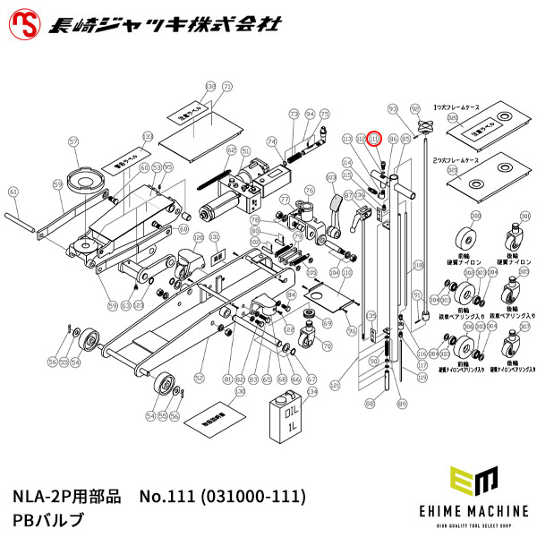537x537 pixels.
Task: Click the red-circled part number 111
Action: pos(374,140)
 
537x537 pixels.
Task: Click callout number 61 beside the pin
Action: pos(13,192)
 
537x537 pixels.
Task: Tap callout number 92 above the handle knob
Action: pos(414,107)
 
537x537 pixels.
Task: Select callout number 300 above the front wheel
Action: pos(476,217)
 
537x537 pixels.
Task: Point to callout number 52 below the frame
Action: pos(200,379)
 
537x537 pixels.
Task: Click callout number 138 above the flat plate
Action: pos(210,87)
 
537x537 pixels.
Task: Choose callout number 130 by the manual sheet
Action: pos(238,392)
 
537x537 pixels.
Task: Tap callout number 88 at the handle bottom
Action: pos(370,404)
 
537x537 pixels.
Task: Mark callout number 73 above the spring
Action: pos(293,115)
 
